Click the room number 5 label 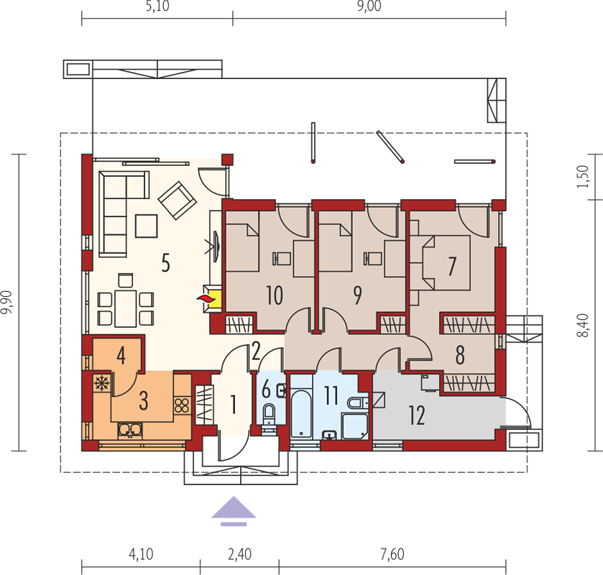pos(165,264)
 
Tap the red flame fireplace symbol pos(204,298)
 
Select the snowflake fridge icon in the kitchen pos(101,384)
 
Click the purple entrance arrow pos(234,511)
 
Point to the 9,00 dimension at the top pos(369,6)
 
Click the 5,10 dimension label pos(157,6)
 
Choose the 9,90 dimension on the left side pos(6,302)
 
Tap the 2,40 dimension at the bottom pos(239,554)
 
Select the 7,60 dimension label pos(392,554)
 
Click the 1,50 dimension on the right pos(583,176)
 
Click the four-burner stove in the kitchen pos(182,405)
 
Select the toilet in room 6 pos(269,414)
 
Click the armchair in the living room pos(178,201)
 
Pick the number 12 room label pos(417,415)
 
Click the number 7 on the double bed pos(452,266)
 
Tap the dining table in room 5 pos(126,308)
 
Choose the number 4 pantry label pos(121,355)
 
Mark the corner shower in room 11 pos(355,426)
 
